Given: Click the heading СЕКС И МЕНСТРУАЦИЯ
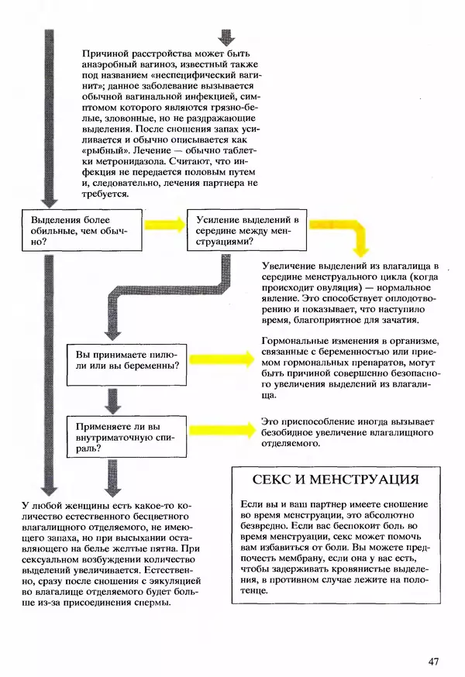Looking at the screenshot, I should (x=336, y=479).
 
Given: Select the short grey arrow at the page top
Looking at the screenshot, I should (x=226, y=37).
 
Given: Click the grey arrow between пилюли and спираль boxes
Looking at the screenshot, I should (x=113, y=400).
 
